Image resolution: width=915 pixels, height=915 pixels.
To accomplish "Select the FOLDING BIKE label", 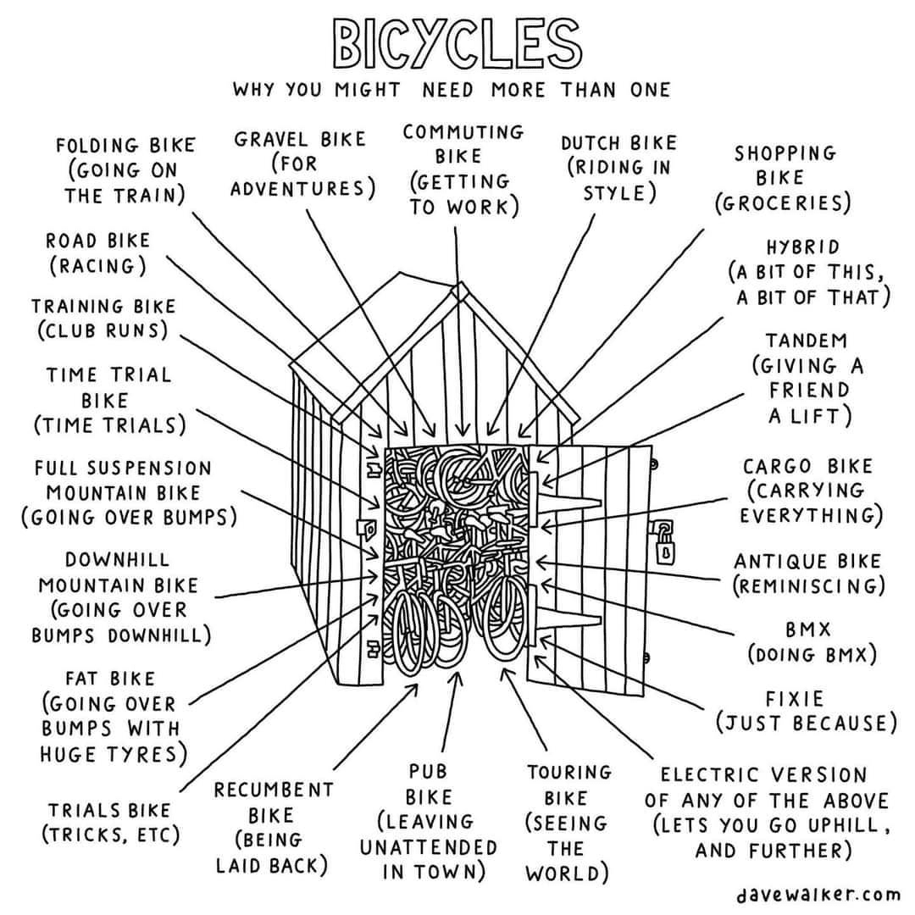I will [x=125, y=145].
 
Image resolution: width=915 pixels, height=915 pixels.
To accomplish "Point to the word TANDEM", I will [x=807, y=341].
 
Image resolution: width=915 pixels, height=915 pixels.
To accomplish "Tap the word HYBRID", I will [x=803, y=247].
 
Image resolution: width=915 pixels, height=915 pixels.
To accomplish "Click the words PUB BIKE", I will [x=428, y=785].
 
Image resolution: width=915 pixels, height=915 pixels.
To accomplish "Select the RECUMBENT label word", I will [x=274, y=790].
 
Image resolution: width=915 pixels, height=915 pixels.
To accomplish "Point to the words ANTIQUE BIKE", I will [x=807, y=561].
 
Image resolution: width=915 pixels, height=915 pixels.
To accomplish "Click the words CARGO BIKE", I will [x=807, y=467].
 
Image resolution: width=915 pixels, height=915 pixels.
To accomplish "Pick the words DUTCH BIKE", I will [x=618, y=143].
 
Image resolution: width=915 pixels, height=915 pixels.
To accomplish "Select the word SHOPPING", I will [x=785, y=153].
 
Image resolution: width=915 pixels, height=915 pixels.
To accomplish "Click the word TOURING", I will [x=568, y=772].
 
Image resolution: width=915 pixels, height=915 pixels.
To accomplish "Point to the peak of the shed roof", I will [x=458, y=288].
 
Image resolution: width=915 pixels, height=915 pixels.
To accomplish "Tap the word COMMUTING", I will [x=463, y=132].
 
